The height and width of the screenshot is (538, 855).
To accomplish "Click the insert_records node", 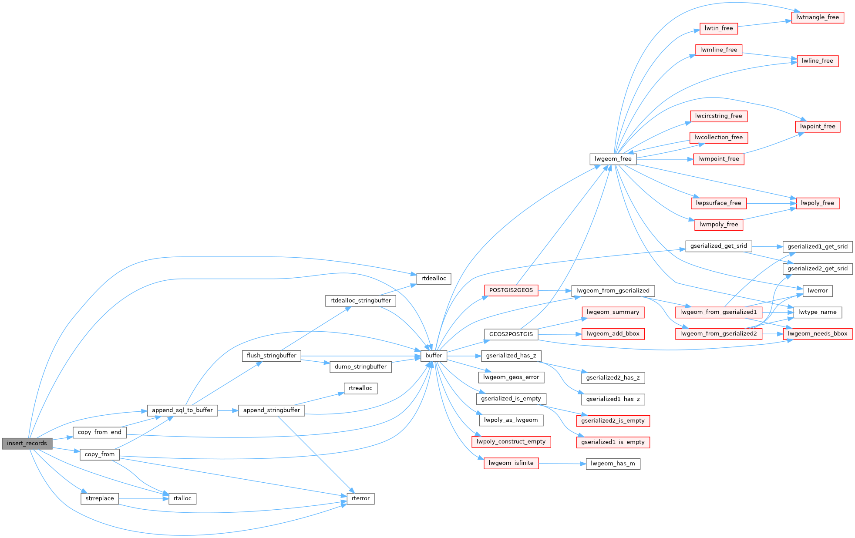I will click(x=27, y=443).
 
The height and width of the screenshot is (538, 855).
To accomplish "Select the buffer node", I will click(x=434, y=356).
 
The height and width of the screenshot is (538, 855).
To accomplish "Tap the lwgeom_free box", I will click(x=613, y=159).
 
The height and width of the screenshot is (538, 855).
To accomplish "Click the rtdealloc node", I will click(x=434, y=279).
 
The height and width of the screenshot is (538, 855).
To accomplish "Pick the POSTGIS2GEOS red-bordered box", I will click(x=511, y=290).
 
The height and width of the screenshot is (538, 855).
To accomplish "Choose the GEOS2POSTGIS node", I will click(x=511, y=334).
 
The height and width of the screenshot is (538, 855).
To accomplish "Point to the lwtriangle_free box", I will click(x=818, y=17).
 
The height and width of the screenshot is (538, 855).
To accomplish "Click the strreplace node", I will click(x=100, y=498).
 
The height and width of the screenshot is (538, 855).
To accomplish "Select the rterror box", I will click(x=360, y=498).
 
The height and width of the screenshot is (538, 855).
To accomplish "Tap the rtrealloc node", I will click(x=360, y=388).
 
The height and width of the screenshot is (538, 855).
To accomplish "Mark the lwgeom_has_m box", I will click(x=613, y=464).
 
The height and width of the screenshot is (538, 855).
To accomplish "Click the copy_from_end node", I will click(x=100, y=432).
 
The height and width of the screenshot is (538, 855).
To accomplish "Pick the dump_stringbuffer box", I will click(x=360, y=367).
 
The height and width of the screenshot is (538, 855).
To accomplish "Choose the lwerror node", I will click(x=818, y=291).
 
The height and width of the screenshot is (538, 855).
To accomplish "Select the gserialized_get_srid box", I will click(x=718, y=246).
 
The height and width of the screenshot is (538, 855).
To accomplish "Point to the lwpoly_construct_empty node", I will click(x=511, y=442).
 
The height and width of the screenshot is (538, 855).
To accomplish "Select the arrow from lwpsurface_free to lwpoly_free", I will click(x=771, y=203).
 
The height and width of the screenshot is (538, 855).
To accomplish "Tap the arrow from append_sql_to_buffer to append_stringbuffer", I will click(x=228, y=410).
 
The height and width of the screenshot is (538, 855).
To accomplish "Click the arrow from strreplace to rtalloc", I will click(x=144, y=498).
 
